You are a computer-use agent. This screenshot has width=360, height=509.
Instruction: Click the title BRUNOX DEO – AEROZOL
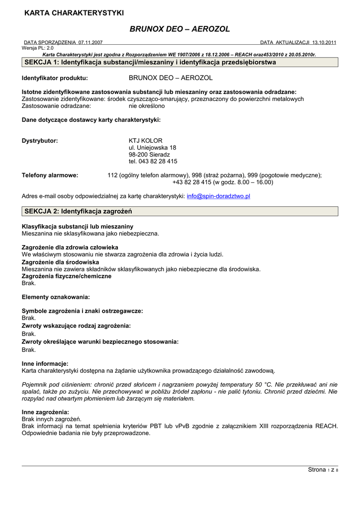[180, 29]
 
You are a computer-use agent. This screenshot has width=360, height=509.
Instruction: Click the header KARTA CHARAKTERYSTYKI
[74, 13]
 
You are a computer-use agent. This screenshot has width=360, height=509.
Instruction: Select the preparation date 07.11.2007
[90, 43]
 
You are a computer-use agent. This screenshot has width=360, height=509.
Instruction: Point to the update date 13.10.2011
[324, 43]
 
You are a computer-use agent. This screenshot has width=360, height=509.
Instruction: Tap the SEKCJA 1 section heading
[150, 63]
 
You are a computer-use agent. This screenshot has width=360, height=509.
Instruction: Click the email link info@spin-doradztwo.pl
[218, 196]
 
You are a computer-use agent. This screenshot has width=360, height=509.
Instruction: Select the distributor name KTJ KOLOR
[146, 141]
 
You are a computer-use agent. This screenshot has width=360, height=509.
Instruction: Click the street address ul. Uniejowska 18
[152, 148]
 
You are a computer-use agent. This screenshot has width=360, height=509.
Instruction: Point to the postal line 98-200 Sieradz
[149, 155]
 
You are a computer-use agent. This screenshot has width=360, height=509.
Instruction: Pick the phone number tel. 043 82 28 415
[153, 162]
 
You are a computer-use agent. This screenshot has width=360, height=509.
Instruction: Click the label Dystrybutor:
[40, 141]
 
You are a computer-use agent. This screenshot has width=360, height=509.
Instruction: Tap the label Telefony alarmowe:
[50, 175]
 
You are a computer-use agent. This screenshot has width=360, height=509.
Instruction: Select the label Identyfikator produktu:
[55, 78]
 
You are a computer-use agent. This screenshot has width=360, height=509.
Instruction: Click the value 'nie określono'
[147, 106]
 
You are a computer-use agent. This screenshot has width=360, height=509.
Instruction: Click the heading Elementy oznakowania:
[56, 297]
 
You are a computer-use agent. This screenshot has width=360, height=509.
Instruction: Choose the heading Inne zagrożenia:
[45, 412]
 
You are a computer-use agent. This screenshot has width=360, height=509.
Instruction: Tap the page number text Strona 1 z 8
[323, 470]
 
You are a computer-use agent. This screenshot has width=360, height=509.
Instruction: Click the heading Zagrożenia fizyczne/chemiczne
[67, 276]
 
